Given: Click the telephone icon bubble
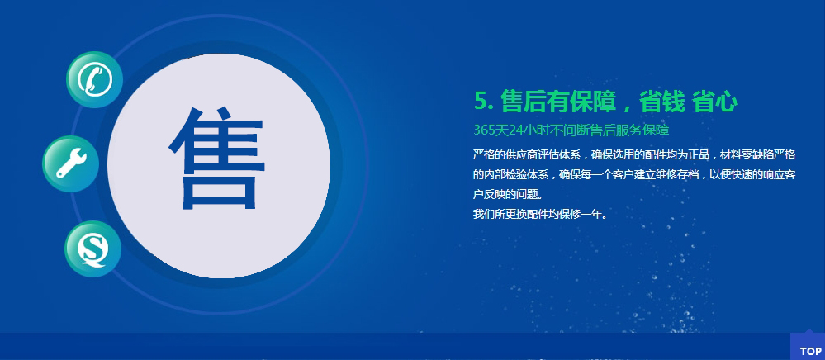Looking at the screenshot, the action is pyautogui.click(x=95, y=79).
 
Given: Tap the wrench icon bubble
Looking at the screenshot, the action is pyautogui.click(x=70, y=163).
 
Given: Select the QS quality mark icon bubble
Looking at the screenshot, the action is pyautogui.click(x=93, y=249).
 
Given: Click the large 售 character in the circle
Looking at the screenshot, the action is pyautogui.click(x=216, y=159).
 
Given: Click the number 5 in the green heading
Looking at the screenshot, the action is pyautogui.click(x=481, y=102).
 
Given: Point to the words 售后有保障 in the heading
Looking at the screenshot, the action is pyautogui.click(x=559, y=102).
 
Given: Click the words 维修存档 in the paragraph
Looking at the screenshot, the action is pyautogui.click(x=676, y=175).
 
